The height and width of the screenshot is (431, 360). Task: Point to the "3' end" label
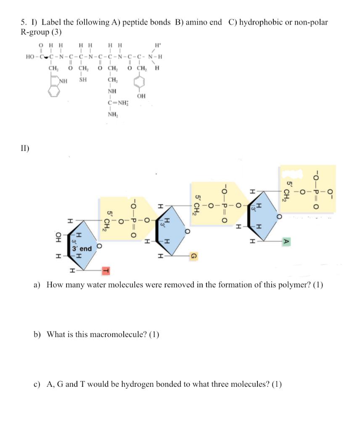(82, 248)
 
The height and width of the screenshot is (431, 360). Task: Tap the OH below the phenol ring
(141, 96)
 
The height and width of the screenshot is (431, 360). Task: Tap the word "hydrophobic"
(259, 22)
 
